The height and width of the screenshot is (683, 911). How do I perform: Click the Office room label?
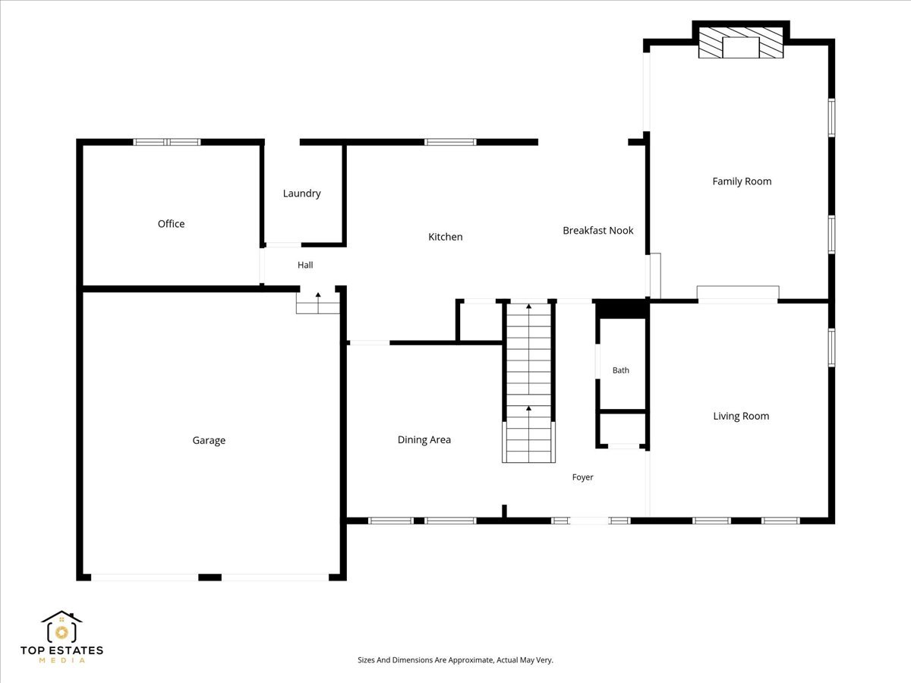(171, 224)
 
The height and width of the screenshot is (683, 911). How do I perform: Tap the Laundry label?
(301, 194)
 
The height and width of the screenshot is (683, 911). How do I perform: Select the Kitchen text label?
(446, 237)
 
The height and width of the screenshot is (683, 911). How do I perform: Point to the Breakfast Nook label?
(598, 231)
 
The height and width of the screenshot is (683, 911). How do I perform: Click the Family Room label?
(742, 181)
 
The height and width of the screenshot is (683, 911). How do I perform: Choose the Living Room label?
(741, 417)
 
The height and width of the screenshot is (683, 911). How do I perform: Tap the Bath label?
(621, 370)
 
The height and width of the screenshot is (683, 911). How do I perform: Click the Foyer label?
(583, 477)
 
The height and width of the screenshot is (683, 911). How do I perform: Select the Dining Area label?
(424, 439)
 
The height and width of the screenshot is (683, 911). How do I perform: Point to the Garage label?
(209, 440)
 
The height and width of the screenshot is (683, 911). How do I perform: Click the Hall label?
(305, 265)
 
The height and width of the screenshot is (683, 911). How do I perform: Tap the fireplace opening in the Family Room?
(741, 47)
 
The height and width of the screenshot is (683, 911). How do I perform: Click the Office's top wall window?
(167, 142)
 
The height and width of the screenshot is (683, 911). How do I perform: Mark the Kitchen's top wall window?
(450, 142)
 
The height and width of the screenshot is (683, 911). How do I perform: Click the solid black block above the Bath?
(622, 310)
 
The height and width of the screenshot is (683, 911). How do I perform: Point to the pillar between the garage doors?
(210, 578)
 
